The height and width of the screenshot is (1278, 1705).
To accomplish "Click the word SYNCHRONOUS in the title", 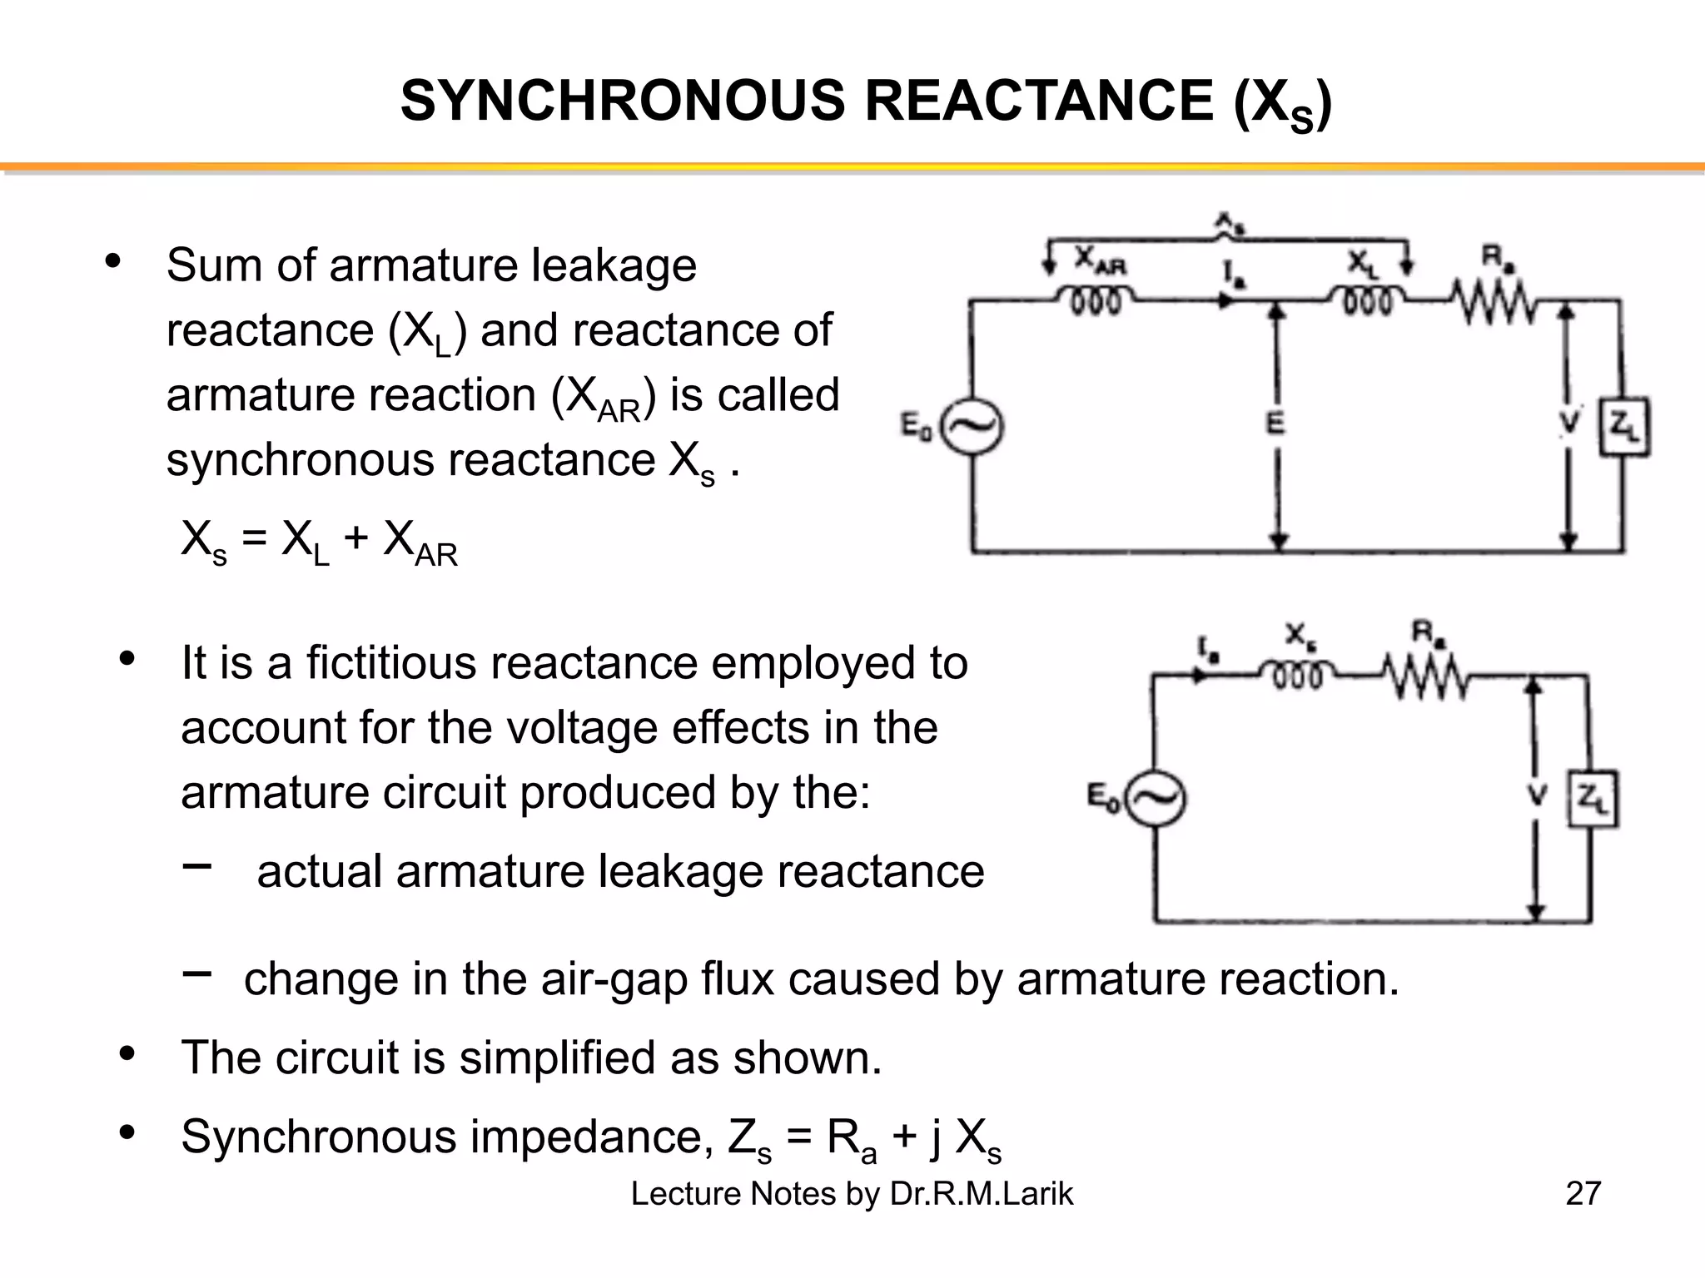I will pyautogui.click(x=623, y=102).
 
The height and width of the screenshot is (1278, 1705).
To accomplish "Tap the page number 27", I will pyautogui.click(x=1583, y=1193).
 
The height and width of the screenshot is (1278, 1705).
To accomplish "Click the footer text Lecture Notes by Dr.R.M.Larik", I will pyautogui.click(x=852, y=1193).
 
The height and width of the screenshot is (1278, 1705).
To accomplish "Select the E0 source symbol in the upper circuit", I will pyautogui.click(x=972, y=428).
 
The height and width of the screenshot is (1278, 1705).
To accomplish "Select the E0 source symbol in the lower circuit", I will pyautogui.click(x=1156, y=799).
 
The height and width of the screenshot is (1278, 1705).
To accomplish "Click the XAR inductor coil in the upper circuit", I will pyautogui.click(x=1096, y=299).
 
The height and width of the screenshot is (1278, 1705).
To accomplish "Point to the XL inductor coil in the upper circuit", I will pyautogui.click(x=1367, y=299).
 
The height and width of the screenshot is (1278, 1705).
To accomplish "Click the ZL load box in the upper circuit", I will pyautogui.click(x=1624, y=427).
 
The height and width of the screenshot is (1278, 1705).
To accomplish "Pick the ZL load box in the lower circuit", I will pyautogui.click(x=1593, y=799).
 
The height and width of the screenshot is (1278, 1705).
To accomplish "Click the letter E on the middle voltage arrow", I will pyautogui.click(x=1275, y=424).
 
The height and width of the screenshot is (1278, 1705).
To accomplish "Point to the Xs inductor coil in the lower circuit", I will pyautogui.click(x=1297, y=673).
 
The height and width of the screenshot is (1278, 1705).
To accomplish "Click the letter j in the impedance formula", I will pyautogui.click(x=935, y=1137).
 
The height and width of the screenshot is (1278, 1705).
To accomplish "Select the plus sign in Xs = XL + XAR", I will pyautogui.click(x=355, y=538).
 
